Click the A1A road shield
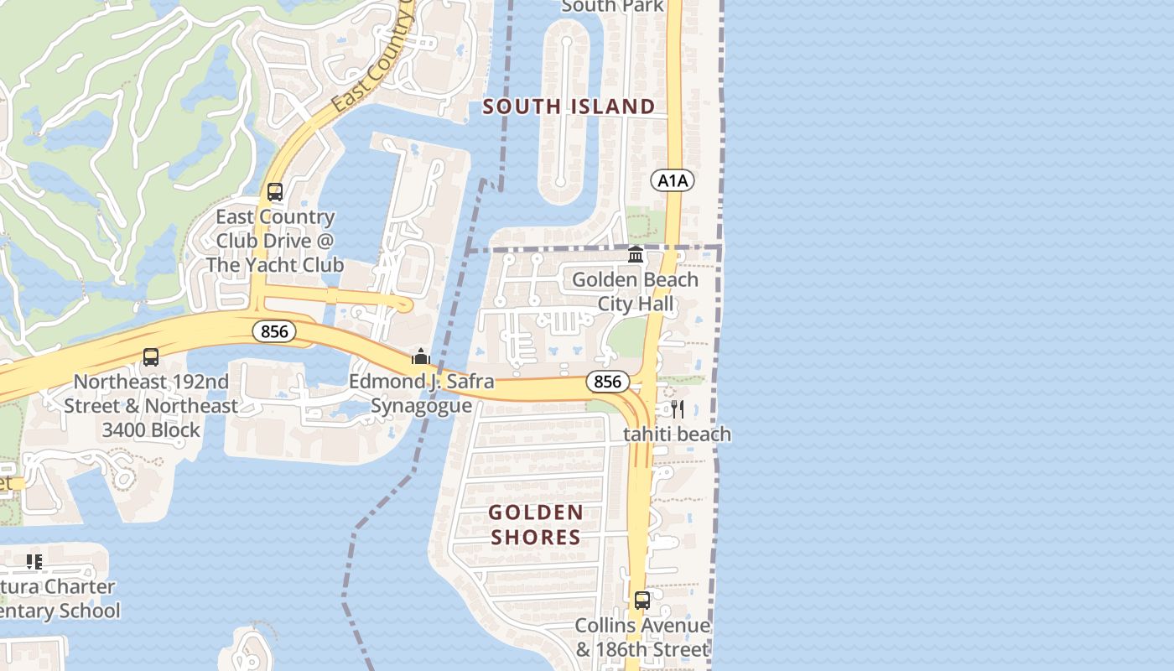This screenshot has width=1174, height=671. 673,180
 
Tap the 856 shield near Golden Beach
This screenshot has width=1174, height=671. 607,382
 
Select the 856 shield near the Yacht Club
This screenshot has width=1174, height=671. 274,331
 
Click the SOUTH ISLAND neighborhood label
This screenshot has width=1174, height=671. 569,107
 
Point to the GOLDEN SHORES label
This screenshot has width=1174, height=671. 536,524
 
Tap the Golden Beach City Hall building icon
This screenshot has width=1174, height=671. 636,254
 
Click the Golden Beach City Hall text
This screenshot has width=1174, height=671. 635,291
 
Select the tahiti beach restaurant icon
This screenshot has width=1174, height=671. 678,409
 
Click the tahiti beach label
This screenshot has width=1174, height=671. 677,434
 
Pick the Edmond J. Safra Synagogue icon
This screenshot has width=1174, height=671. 421,356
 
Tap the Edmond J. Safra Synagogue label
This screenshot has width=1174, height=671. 421,393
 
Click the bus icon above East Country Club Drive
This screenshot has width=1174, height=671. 275,191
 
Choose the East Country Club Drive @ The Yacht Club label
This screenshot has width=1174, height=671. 275,241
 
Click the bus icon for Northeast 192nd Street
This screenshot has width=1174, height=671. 151,357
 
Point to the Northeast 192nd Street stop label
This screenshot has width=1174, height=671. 151,406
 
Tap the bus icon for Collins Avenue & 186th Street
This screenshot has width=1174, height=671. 642,601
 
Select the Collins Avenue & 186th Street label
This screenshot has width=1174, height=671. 642,637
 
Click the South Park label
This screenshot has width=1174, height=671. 612,7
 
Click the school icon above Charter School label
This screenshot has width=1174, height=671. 34,561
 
